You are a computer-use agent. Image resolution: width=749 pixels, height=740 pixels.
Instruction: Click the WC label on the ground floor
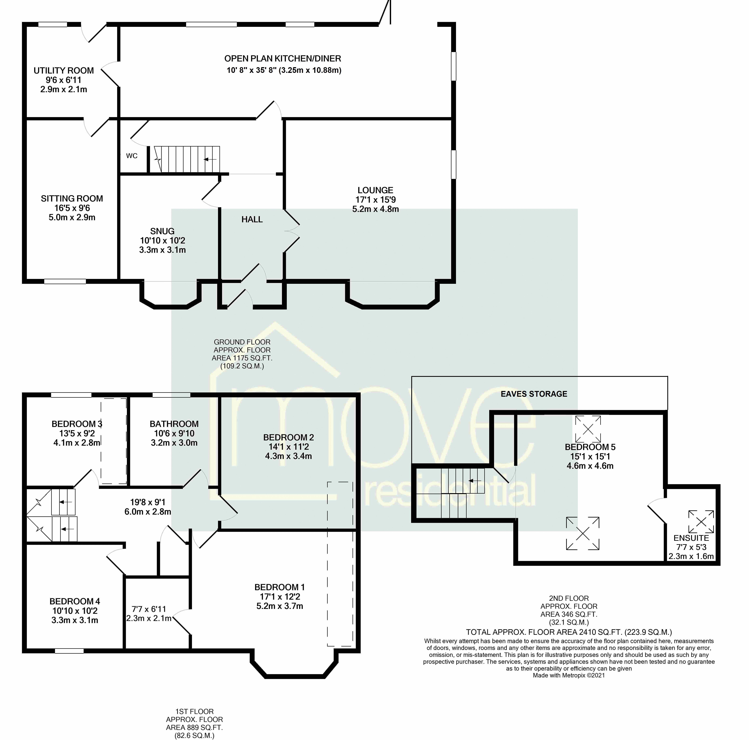click(132, 156)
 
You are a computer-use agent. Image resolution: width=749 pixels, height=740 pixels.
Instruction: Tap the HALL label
click(252, 219)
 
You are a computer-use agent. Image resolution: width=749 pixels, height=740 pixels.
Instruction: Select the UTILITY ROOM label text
click(64, 71)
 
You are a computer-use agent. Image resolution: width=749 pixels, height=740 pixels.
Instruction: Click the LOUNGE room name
click(375, 190)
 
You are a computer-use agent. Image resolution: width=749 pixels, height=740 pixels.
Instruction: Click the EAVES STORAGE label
click(534, 394)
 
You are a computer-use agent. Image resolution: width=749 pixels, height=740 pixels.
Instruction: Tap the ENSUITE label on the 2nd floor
click(691, 538)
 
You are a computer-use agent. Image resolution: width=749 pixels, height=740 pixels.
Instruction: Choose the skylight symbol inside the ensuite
click(701, 521)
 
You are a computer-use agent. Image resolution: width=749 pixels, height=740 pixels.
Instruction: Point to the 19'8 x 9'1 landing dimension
click(148, 502)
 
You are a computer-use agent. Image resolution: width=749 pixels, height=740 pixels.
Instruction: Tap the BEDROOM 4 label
click(75, 601)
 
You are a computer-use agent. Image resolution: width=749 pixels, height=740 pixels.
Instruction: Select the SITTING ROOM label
click(72, 198)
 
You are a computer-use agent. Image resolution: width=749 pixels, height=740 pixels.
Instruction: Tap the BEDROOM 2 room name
click(288, 437)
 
